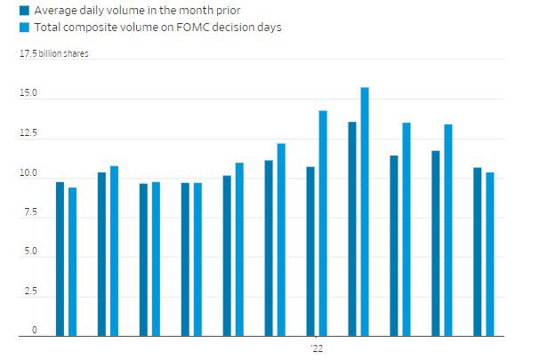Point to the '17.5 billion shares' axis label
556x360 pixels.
pos(54,53)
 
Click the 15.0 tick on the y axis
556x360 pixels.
pos(28,92)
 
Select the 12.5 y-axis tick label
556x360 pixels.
pos(28,132)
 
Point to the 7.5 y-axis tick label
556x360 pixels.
pos(28,212)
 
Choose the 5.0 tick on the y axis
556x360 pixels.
pos(28,252)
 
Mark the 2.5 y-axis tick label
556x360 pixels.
pos(28,292)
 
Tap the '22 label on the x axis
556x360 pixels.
pos(317,348)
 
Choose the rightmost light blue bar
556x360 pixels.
pos(490,254)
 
